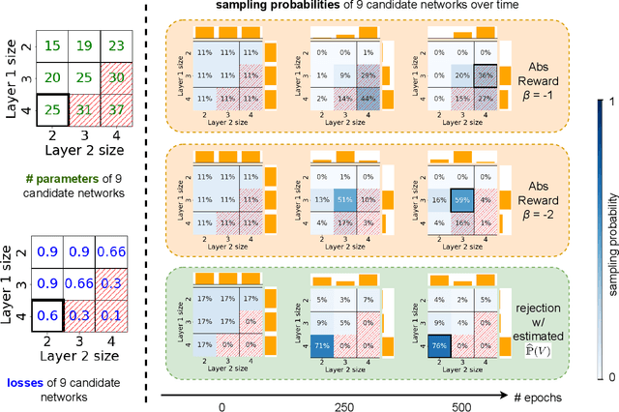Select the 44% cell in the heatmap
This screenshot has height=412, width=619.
[x=367, y=99]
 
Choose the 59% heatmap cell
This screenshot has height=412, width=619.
[x=458, y=199]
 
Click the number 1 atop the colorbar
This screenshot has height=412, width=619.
[x=607, y=101]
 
